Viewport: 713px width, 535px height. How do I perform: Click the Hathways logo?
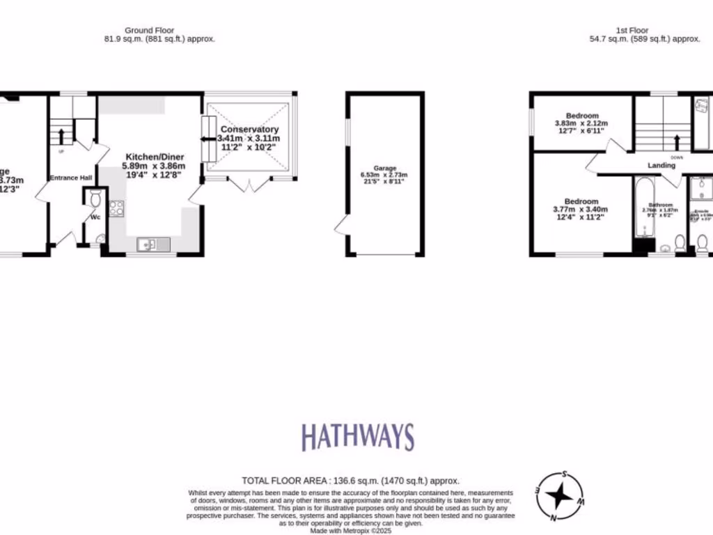pyautogui.click(x=357, y=437)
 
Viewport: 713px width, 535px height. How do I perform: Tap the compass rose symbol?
pyautogui.click(x=559, y=497)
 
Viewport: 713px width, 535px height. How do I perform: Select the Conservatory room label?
pyautogui.click(x=249, y=130)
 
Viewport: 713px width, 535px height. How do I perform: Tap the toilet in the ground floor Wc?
pyautogui.click(x=96, y=201)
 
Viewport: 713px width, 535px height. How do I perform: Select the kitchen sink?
pyautogui.click(x=154, y=243)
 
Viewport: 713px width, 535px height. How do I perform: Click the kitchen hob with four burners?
pyautogui.click(x=116, y=208)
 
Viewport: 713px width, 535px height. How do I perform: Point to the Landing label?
pyautogui.click(x=661, y=165)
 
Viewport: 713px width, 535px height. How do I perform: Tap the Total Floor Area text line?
pyautogui.click(x=350, y=481)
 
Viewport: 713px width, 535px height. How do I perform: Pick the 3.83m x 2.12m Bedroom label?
pyautogui.click(x=581, y=116)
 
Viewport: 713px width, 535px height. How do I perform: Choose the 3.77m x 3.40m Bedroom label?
pyautogui.click(x=581, y=201)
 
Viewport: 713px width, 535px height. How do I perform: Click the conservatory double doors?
pyautogui.click(x=249, y=185)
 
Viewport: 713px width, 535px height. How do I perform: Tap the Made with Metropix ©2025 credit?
pyautogui.click(x=350, y=530)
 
